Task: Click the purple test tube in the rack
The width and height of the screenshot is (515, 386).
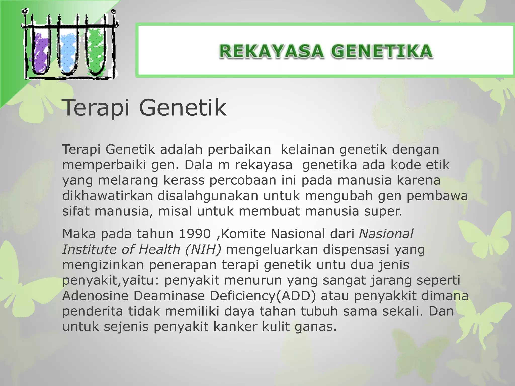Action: [40, 54]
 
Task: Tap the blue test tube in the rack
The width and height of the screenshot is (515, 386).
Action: [68, 54]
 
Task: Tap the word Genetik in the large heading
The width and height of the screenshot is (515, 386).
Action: [183, 108]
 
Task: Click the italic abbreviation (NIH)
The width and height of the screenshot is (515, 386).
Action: [203, 250]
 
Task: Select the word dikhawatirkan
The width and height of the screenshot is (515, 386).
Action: [107, 196]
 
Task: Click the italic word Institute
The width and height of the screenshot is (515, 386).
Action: [90, 250]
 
